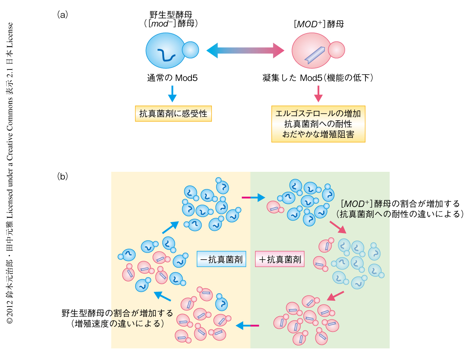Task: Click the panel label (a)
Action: click(63, 15)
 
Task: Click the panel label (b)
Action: click(63, 176)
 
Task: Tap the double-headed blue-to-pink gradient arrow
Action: click(245, 50)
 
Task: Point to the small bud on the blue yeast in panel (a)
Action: click(190, 50)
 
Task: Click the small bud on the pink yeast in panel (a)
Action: click(336, 50)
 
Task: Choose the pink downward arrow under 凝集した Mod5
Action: click(318, 94)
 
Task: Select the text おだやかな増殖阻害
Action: click(318, 134)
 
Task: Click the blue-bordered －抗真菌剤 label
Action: click(221, 259)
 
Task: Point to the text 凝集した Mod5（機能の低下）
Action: click(318, 78)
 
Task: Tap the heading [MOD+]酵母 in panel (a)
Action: click(319, 24)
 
